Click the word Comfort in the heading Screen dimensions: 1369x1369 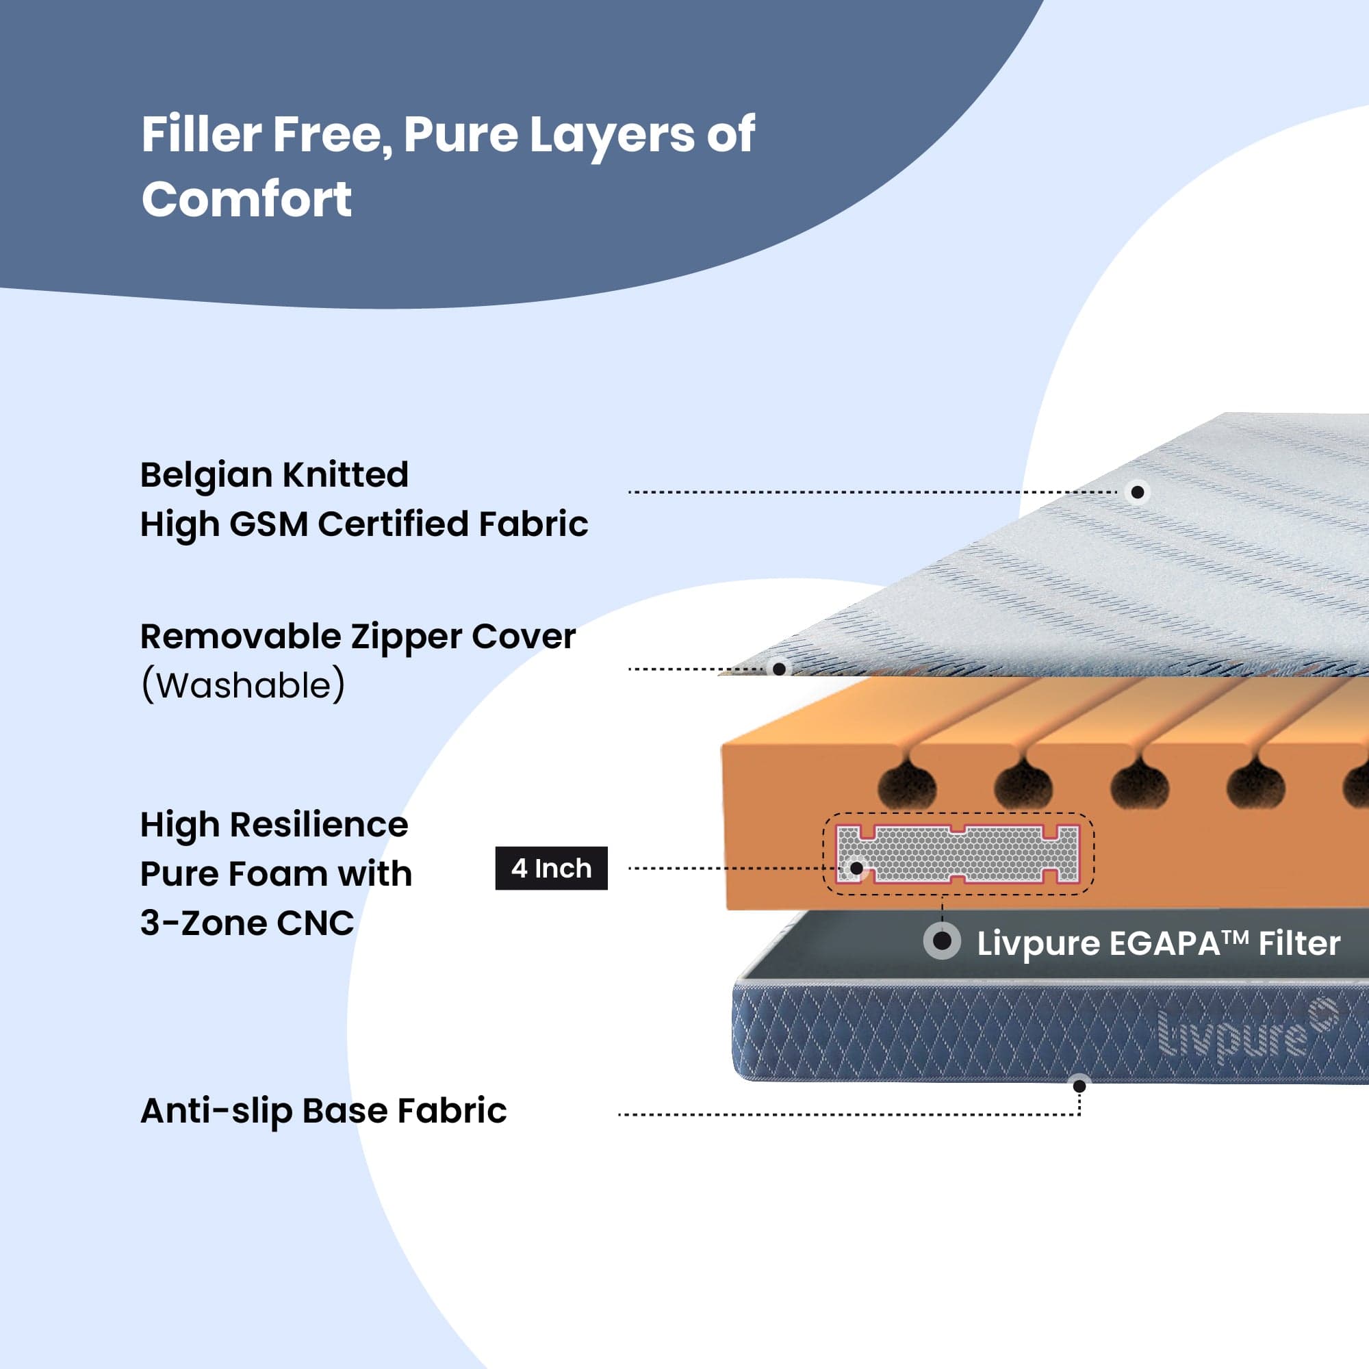coord(246,199)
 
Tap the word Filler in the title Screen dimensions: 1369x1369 coord(201,134)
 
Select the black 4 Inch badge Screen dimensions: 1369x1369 coord(550,868)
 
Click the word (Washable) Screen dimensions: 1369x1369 coord(243,686)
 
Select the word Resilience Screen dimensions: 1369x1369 coord(318,825)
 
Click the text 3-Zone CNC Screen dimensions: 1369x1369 coord(246,923)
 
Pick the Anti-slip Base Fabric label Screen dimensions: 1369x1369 coord(323,1110)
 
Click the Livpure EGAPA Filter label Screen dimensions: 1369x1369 coord(1158,944)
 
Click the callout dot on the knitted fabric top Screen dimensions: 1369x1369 coord(1136,491)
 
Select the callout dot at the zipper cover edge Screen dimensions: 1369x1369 coord(779,668)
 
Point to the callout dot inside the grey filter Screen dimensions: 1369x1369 coord(856,867)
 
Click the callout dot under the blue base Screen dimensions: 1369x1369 coord(1079,1086)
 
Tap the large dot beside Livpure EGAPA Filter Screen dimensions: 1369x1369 coord(942,941)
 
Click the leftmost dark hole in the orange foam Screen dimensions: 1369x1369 coord(906,786)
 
